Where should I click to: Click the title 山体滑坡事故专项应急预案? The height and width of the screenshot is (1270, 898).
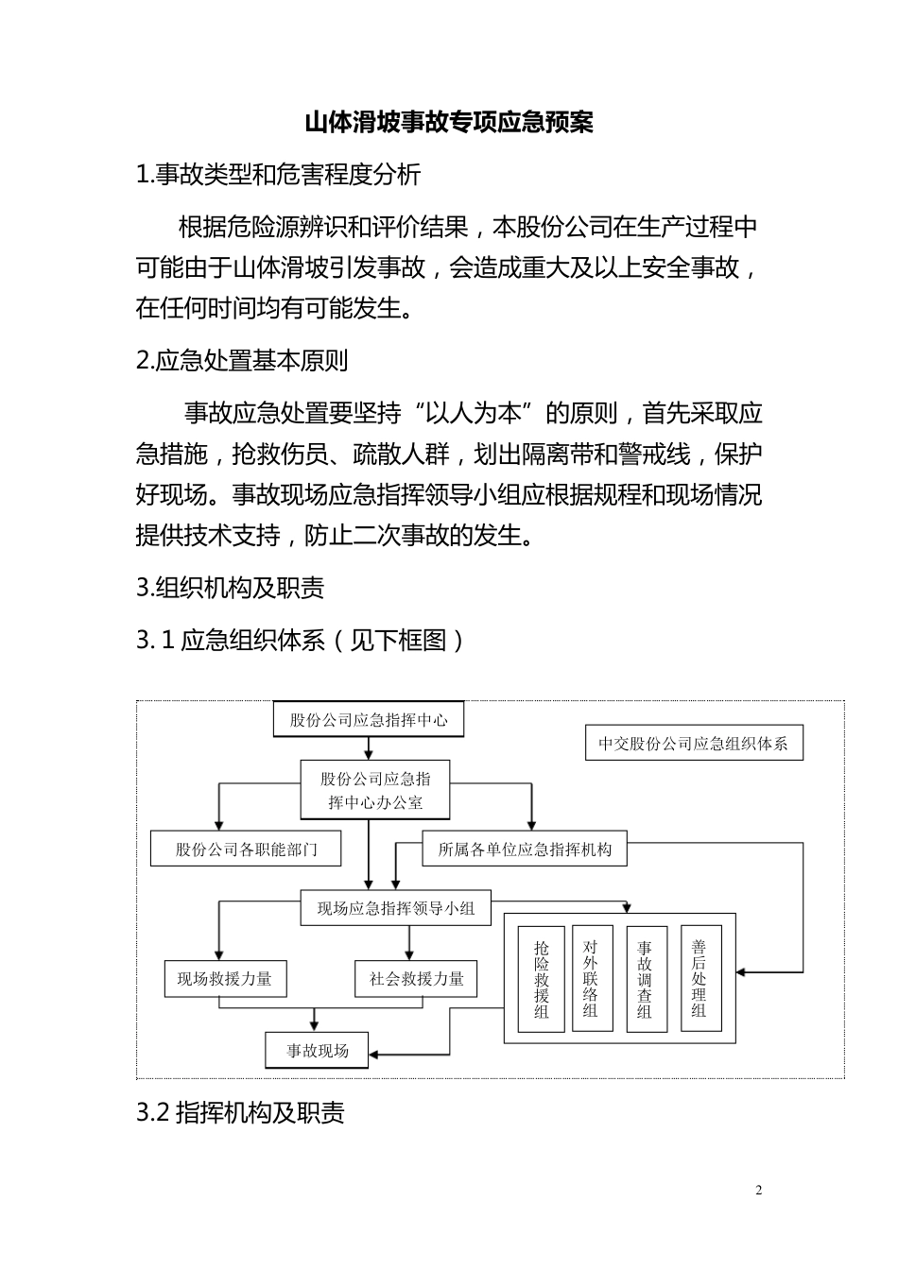pyautogui.click(x=448, y=123)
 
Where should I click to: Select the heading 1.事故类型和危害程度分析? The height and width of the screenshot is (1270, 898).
pyautogui.click(x=278, y=175)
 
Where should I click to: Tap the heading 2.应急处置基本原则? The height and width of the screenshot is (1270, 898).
pyautogui.click(x=242, y=361)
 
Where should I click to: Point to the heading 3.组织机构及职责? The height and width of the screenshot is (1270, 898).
pyautogui.click(x=230, y=588)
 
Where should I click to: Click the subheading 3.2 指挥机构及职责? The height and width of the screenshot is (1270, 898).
pyautogui.click(x=240, y=1112)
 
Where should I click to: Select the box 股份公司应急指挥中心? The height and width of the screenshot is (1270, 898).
pyautogui.click(x=369, y=720)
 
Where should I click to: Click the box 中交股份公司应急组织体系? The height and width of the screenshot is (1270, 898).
pyautogui.click(x=693, y=744)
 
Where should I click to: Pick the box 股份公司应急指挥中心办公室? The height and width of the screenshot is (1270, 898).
pyautogui.click(x=375, y=790)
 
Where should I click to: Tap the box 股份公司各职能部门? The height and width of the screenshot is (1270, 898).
pyautogui.click(x=246, y=849)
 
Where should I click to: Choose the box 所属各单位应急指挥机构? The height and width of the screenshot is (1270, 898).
pyautogui.click(x=525, y=849)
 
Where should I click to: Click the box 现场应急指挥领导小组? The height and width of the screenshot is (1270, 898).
pyautogui.click(x=395, y=908)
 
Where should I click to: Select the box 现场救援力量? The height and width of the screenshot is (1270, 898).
pyautogui.click(x=224, y=978)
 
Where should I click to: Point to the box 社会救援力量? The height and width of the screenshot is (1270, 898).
pyautogui.click(x=416, y=978)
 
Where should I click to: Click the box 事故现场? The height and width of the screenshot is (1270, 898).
pyautogui.click(x=318, y=1050)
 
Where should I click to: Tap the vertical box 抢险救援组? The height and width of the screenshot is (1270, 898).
pyautogui.click(x=542, y=979)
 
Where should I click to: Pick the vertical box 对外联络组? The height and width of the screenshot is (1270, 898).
pyautogui.click(x=592, y=979)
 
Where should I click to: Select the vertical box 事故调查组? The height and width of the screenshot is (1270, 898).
pyautogui.click(x=646, y=979)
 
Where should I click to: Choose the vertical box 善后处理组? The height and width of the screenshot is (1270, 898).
pyautogui.click(x=699, y=979)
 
